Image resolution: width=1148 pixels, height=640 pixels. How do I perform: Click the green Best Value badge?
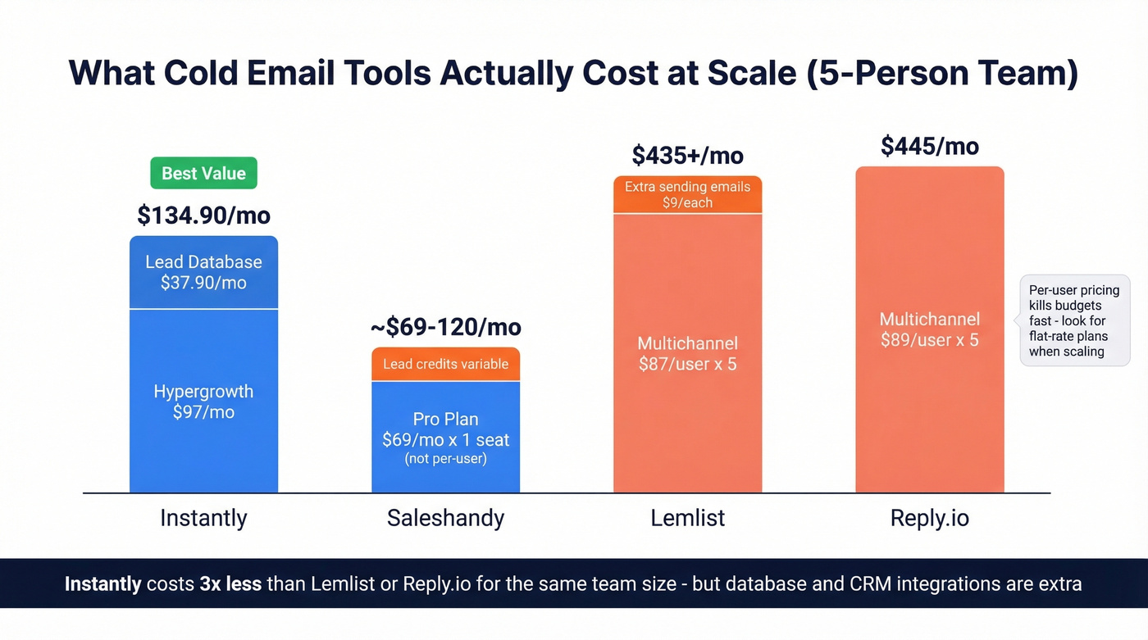203,173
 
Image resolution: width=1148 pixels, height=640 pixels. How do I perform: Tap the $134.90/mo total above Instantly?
203,216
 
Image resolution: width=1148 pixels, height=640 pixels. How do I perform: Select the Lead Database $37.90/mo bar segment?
203,273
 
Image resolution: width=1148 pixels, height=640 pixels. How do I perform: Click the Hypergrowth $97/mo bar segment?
203,402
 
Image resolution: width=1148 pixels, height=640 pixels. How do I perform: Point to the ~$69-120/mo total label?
445,327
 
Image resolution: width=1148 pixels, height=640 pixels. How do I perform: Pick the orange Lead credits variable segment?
445,365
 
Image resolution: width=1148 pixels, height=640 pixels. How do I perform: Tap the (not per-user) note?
445,459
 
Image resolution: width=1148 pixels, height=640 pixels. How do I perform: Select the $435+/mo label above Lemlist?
687,155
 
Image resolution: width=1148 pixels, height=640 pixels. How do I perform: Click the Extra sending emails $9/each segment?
687,194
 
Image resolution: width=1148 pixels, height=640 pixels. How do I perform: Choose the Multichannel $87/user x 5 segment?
687,353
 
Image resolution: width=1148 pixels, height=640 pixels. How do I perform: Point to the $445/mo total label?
929,146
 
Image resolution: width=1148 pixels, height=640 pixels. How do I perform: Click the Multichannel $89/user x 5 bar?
929,329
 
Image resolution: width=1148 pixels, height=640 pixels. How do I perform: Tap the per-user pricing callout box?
1073,320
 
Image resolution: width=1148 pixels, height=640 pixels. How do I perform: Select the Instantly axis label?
203,518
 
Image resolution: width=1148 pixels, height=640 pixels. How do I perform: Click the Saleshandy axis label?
445,518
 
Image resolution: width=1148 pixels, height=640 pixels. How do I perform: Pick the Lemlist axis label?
687,518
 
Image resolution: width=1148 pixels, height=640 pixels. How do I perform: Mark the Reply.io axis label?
929,518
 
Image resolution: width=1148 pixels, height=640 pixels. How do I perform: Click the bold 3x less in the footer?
230,584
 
